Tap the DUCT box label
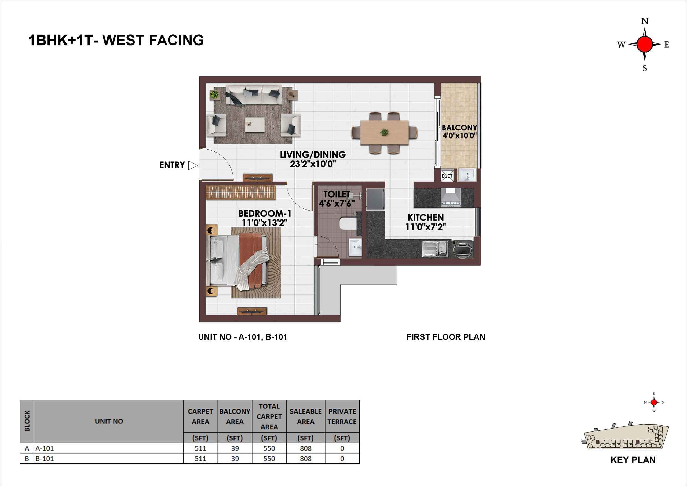447,176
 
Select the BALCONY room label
459,128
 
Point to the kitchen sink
435,249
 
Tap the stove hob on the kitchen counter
451,198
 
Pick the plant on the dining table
384,132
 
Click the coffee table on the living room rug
255,125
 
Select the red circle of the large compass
645,44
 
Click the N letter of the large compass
645,21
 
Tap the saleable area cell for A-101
305,448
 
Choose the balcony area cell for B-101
235,458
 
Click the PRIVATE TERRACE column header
342,416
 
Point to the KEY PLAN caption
633,460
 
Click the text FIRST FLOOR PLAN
446,337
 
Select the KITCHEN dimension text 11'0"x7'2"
426,227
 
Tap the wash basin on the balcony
467,175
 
